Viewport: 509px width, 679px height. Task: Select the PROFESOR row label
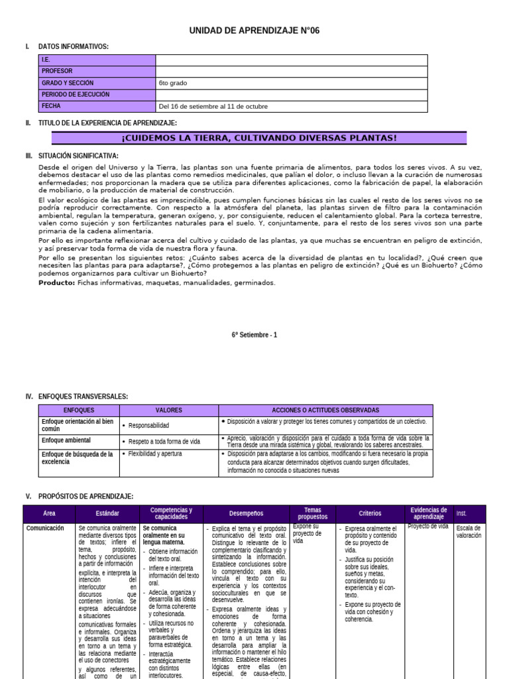pyautogui.click(x=57, y=72)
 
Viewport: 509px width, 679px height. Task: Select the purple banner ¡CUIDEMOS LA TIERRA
pyautogui.click(x=259, y=138)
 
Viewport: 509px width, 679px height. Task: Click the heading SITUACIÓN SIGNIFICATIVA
pyautogui.click(x=78, y=155)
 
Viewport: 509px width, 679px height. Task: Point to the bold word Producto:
pyautogui.click(x=57, y=282)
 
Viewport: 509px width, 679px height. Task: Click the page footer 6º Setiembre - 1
pyautogui.click(x=254, y=335)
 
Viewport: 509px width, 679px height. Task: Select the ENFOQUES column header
pyautogui.click(x=79, y=410)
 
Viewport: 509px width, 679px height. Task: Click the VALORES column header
pyautogui.click(x=168, y=410)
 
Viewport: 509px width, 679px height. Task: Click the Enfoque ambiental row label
pyautogui.click(x=66, y=440)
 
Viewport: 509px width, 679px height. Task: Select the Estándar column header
pyautogui.click(x=107, y=513)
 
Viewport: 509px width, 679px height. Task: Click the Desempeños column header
pyautogui.click(x=246, y=513)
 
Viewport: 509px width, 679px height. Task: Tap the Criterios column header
pyautogui.click(x=370, y=513)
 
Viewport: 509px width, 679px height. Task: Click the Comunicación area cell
pyautogui.click(x=45, y=528)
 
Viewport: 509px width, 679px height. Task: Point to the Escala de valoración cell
pyautogui.click(x=469, y=532)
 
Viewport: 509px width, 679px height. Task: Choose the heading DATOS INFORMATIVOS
pyautogui.click(x=74, y=46)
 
